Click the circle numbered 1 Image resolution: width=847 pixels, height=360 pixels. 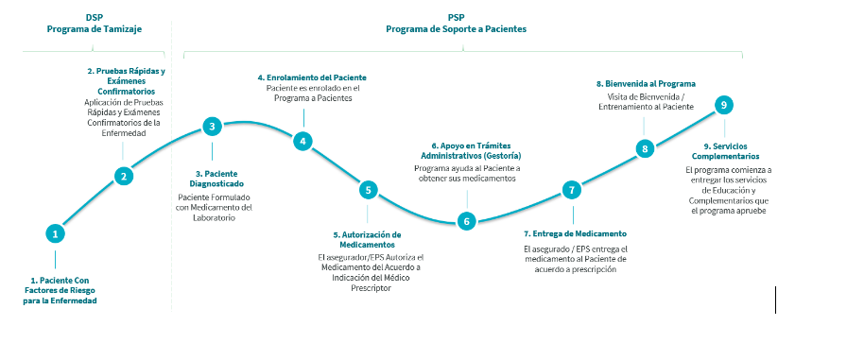coord(56,233)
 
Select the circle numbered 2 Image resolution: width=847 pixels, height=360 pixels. coord(123,175)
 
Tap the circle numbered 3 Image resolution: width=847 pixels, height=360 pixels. coord(213,126)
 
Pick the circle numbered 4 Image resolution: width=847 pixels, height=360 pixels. coord(302,142)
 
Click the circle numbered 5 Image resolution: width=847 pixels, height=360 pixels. coord(368,190)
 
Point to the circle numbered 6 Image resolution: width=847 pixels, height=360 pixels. coord(465,221)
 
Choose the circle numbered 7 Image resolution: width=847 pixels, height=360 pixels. coord(571,190)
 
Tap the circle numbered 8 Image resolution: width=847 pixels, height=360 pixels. coord(645,147)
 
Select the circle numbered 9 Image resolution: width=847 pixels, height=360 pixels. coord(723,105)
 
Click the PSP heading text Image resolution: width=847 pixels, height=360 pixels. coord(456,17)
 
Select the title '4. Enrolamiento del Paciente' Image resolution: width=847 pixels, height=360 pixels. coord(312,77)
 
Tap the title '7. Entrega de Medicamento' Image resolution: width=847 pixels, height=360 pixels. coord(575,233)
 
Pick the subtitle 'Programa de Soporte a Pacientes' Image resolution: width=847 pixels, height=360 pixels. coord(456,29)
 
